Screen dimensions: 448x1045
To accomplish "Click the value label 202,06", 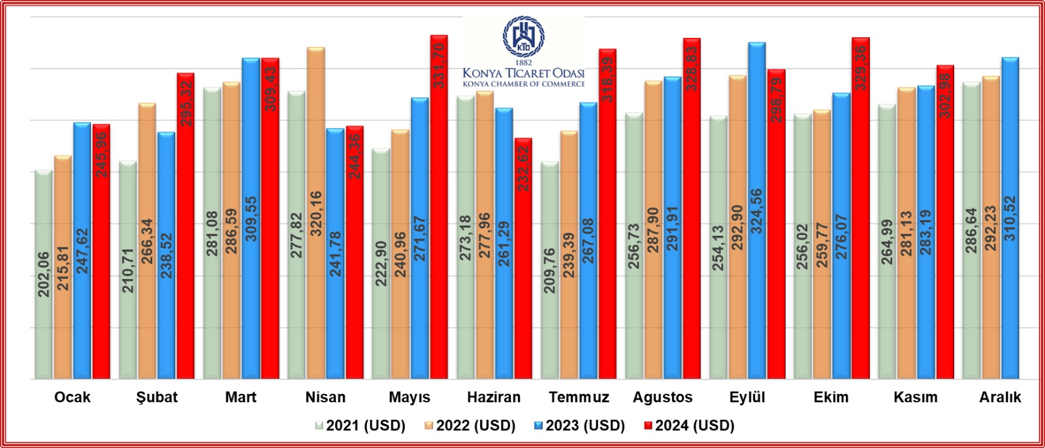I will (44, 274).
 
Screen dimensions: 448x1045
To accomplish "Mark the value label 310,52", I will (1010, 218).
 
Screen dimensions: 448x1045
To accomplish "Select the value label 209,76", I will (550, 270).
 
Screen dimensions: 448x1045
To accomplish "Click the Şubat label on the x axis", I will (157, 397).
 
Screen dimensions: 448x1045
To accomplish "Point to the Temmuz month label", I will (579, 397).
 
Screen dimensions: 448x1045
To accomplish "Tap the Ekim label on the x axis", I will (831, 397).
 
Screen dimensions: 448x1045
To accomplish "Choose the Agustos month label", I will (662, 397).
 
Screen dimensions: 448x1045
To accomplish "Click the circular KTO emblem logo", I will (523, 37).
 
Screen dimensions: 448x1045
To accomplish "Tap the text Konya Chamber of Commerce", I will (524, 84).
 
